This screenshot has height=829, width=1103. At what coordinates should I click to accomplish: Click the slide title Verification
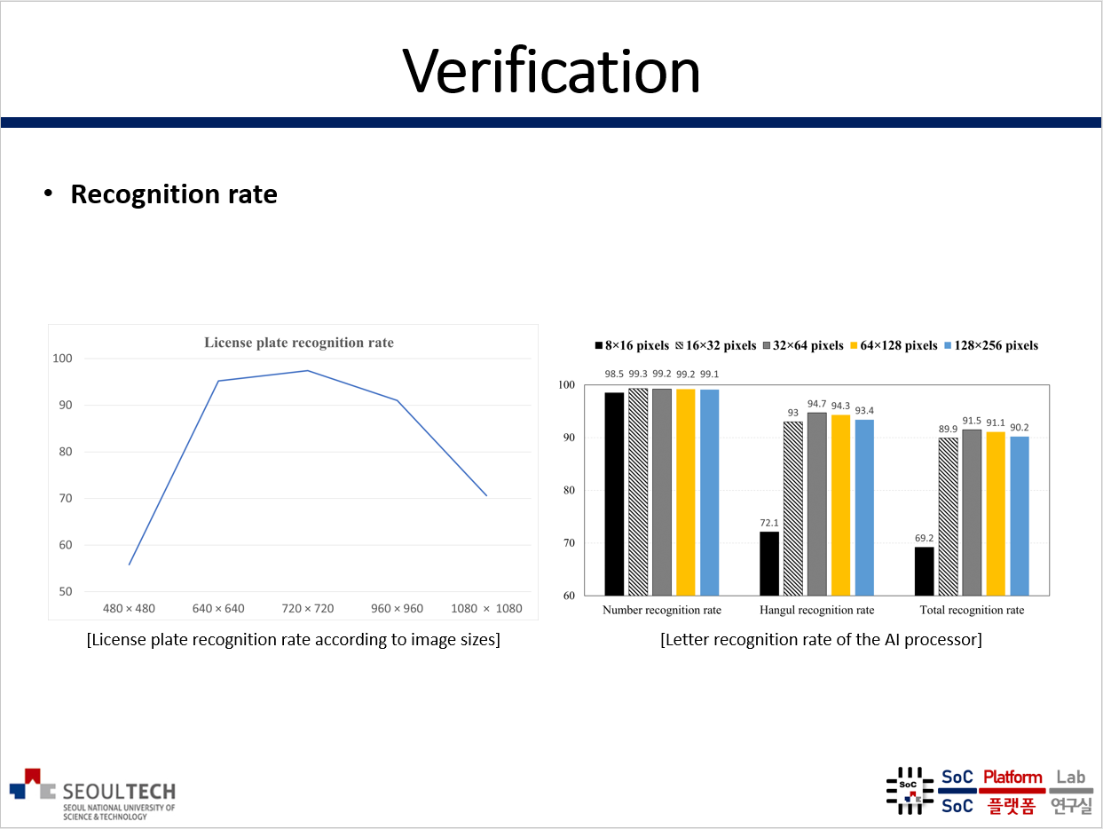551,71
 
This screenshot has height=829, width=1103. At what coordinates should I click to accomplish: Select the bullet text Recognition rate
174,194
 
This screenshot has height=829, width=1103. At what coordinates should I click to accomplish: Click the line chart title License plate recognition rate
299,343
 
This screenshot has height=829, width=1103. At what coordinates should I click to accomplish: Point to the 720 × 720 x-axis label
307,609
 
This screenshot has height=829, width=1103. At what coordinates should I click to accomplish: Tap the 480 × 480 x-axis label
129,609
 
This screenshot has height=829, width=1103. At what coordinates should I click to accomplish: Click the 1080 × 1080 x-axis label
486,609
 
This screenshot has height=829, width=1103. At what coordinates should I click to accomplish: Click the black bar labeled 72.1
769,564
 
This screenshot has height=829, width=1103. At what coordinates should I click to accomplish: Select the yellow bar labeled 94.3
840,505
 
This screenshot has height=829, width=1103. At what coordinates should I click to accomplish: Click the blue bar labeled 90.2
1019,516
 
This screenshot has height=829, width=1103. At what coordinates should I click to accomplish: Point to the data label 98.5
614,374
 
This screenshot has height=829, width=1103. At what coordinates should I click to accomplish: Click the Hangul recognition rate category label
816,610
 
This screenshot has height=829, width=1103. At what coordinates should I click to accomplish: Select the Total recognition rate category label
972,610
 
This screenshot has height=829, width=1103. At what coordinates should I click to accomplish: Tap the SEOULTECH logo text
120,791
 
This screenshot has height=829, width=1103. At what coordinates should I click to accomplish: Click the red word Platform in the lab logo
1012,778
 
